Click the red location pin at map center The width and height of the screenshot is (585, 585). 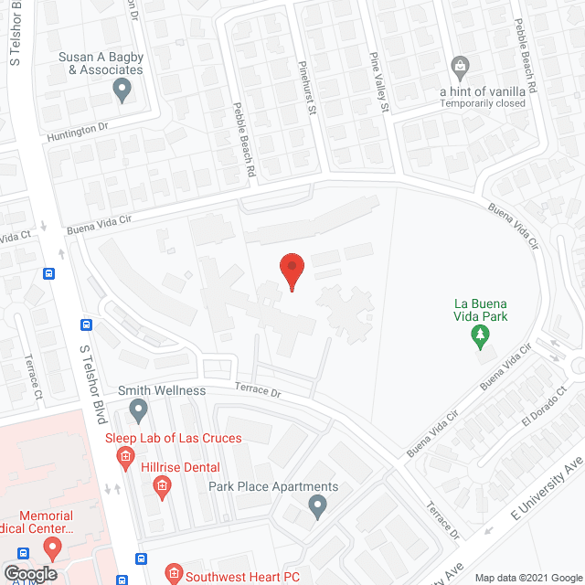click(292, 271)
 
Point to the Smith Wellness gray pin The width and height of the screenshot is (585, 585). click(139, 409)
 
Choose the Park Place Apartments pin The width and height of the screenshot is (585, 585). click(317, 505)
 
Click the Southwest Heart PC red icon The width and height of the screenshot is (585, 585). click(171, 576)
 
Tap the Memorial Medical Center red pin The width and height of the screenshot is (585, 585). click(52, 549)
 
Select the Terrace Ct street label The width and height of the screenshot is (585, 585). click(34, 376)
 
